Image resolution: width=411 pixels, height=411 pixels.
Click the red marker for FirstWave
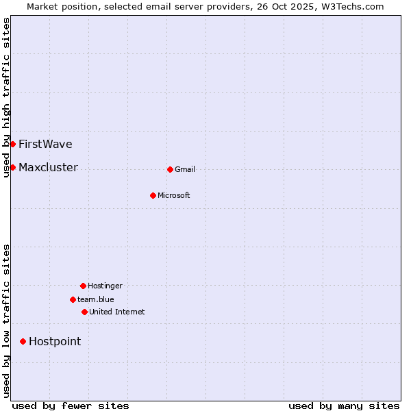click(x=12, y=144)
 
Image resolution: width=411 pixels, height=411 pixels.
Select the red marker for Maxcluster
click(x=12, y=167)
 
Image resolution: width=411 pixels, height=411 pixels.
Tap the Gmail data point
click(x=170, y=169)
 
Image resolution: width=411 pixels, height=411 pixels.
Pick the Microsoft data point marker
click(x=153, y=195)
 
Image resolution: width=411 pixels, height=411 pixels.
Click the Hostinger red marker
click(x=83, y=286)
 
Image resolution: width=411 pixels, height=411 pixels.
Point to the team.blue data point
click(x=73, y=299)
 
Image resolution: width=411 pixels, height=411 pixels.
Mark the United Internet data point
click(x=84, y=312)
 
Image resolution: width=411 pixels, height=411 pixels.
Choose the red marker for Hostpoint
click(x=23, y=341)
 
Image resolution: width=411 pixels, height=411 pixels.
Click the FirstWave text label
click(x=45, y=144)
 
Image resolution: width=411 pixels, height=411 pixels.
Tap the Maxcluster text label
click(x=48, y=167)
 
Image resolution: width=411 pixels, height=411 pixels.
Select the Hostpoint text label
click(x=55, y=341)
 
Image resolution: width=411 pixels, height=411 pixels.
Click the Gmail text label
click(x=185, y=169)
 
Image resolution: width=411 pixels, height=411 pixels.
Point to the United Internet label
click(x=116, y=312)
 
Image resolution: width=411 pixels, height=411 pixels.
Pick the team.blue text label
click(x=96, y=299)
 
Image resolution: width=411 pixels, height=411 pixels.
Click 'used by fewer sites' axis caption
click(x=71, y=406)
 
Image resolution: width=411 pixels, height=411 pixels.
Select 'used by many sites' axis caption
click(x=344, y=406)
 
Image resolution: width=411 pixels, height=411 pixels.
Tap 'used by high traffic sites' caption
click(x=7, y=97)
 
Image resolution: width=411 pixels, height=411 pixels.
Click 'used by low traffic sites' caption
click(x=7, y=321)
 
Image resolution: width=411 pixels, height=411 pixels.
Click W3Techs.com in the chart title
click(x=353, y=6)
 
